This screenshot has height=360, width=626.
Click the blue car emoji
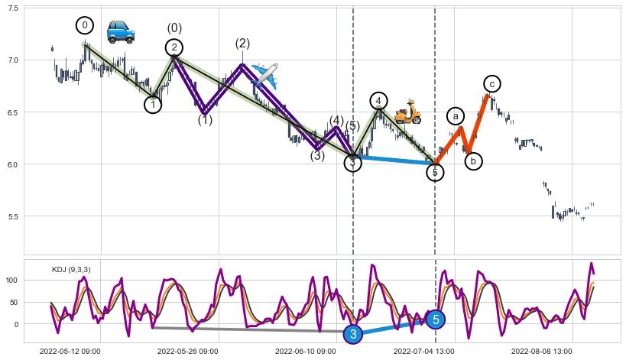coord(120,31)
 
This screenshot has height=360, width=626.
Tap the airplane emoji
coord(264,74)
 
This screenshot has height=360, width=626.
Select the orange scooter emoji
coord(407,112)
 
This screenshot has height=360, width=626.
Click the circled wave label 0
coord(85,25)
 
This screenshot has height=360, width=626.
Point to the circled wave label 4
coord(378,101)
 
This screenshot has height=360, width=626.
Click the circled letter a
coord(456,116)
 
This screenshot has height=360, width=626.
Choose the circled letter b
coord(473,161)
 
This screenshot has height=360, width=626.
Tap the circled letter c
coord(492,83)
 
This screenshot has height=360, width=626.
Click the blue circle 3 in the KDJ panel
coord(352,334)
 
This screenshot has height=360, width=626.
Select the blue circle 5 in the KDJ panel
coord(435,319)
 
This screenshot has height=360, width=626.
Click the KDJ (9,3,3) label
coord(72,270)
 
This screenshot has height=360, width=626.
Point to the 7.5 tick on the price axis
coord(13,8)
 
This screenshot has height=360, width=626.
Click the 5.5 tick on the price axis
coord(13,216)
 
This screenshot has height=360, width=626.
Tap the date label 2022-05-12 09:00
coord(70,352)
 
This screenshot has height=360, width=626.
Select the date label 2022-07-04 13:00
coord(423,352)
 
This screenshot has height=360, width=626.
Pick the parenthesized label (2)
coord(242,44)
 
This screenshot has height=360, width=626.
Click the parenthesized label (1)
coord(205,120)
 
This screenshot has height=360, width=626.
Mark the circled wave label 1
coord(153,105)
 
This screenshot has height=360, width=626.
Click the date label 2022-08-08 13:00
coord(541,352)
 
